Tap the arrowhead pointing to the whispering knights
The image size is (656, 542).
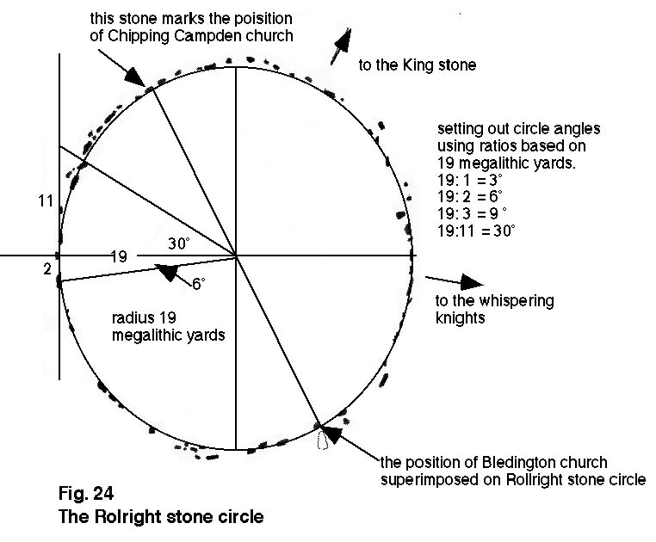468,282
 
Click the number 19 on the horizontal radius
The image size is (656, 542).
120,256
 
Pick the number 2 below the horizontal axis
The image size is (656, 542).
47,268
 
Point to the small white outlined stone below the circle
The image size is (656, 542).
325,440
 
